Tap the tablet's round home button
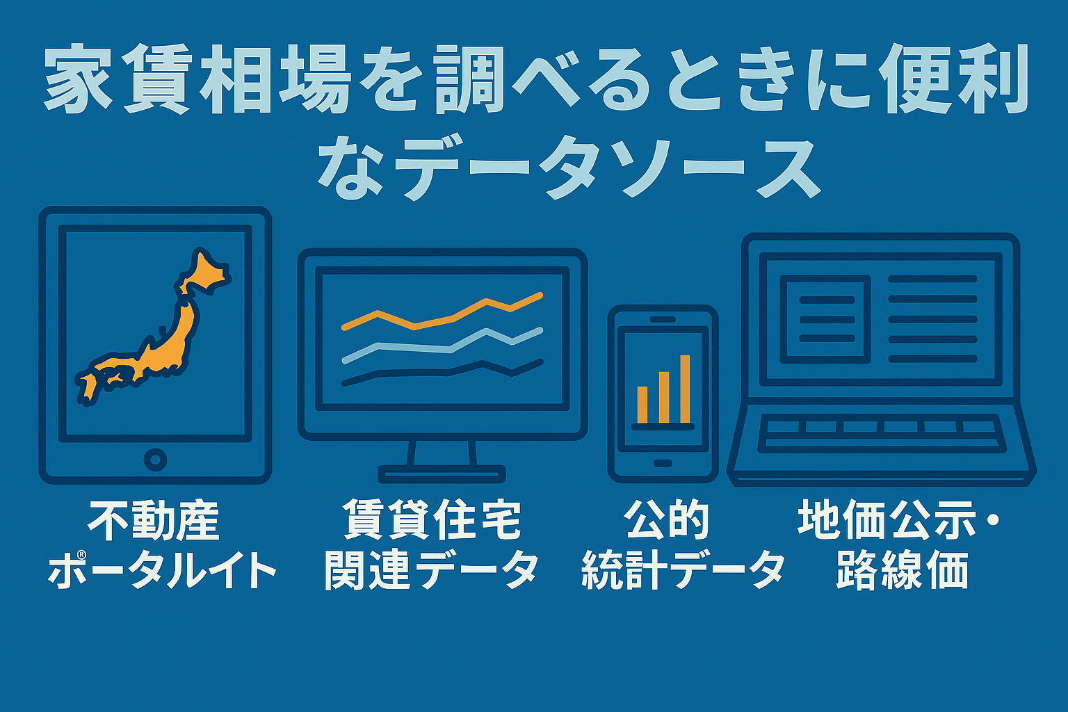pos(155,460)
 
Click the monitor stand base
pos(442,474)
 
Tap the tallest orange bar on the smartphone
pos(685,389)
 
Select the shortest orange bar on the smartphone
pos(642,405)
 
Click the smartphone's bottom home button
pos(662,463)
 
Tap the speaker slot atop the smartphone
pos(662,319)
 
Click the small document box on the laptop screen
pos(825,319)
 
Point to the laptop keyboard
pos(881,433)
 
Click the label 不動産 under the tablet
pos(154,521)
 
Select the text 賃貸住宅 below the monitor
pos(432,520)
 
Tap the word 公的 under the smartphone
pos(667,520)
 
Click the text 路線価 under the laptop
pos(902,570)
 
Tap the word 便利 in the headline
pos(953,79)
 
